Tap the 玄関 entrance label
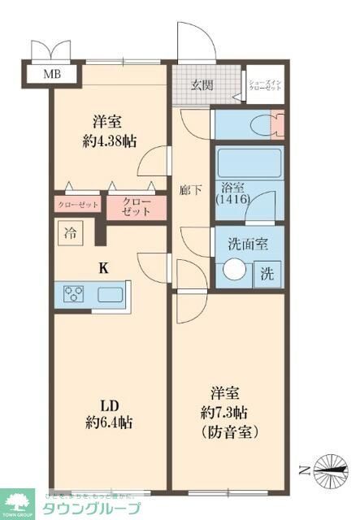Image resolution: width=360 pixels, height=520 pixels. coord(203,84)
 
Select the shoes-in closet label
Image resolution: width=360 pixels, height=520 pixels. coord(265,85)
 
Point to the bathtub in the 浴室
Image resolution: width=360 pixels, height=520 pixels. coord(249,162)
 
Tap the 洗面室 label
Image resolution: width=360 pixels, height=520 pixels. coord(248,241)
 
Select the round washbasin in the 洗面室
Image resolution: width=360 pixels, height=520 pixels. coord(236,270)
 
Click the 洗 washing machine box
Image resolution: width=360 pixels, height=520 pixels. coord(267,273)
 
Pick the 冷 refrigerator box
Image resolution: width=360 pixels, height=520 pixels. coord(69,232)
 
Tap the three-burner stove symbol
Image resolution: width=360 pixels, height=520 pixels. coord(72,294)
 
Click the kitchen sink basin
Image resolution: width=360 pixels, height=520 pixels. coord(109,294)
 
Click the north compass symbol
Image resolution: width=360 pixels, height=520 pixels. coord(328,466)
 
